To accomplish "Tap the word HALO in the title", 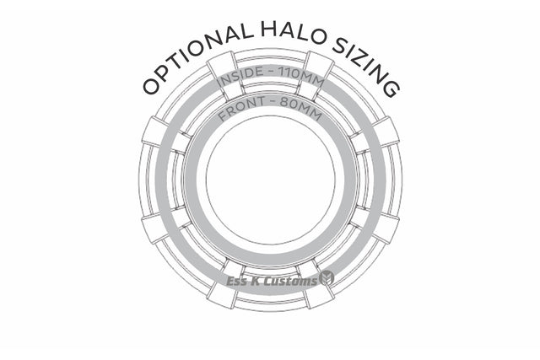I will [286, 32].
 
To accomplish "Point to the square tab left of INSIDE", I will [221, 64].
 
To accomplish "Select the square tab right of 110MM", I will [318, 65].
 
